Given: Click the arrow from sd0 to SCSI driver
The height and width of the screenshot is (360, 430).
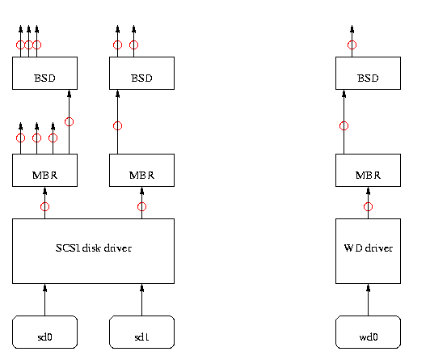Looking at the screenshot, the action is click(45, 299).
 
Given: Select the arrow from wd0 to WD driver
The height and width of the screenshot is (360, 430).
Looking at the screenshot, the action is click(368, 299).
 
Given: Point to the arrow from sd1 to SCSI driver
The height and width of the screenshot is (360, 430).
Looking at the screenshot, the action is click(141, 299).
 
